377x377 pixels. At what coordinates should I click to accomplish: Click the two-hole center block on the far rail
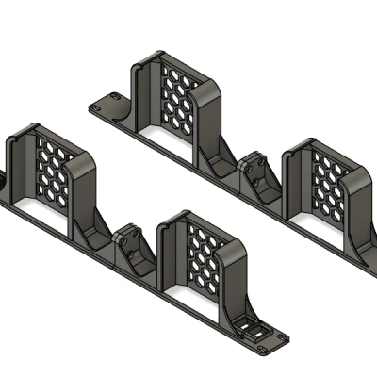(257, 175)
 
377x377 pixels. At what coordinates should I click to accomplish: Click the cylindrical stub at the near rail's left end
(5, 179)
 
